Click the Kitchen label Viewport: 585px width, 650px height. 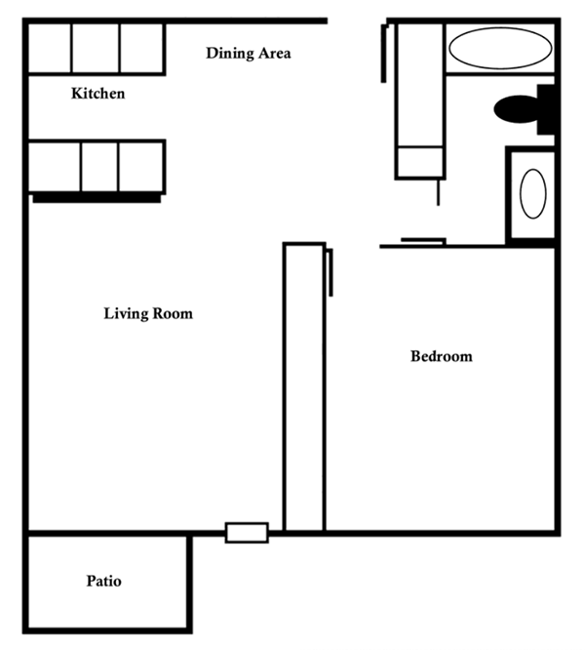[x=98, y=94]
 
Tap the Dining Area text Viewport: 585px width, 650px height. [x=249, y=54]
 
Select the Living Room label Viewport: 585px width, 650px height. [x=148, y=313]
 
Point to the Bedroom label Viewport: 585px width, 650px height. [x=442, y=356]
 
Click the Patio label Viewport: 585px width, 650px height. [x=104, y=581]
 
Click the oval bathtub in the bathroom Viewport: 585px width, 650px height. [x=500, y=48]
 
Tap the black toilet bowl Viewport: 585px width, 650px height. [x=516, y=109]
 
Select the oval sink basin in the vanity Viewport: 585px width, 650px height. [x=532, y=193]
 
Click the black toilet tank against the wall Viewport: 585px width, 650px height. [x=546, y=109]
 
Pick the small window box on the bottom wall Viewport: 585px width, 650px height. [x=247, y=533]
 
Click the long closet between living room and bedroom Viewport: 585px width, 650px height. [x=304, y=386]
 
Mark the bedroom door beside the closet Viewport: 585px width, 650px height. [x=331, y=272]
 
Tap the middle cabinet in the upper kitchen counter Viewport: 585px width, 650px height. [x=96, y=48]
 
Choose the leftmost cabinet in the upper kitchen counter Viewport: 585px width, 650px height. [x=50, y=48]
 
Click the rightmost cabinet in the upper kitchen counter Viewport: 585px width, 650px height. [x=142, y=48]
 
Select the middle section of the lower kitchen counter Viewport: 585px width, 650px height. [x=99, y=167]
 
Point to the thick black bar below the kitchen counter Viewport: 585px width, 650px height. [x=97, y=198]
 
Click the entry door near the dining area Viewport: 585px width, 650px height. [x=384, y=53]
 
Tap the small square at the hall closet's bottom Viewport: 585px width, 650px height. [x=420, y=162]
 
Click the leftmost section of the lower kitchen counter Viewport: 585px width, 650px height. [x=55, y=167]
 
